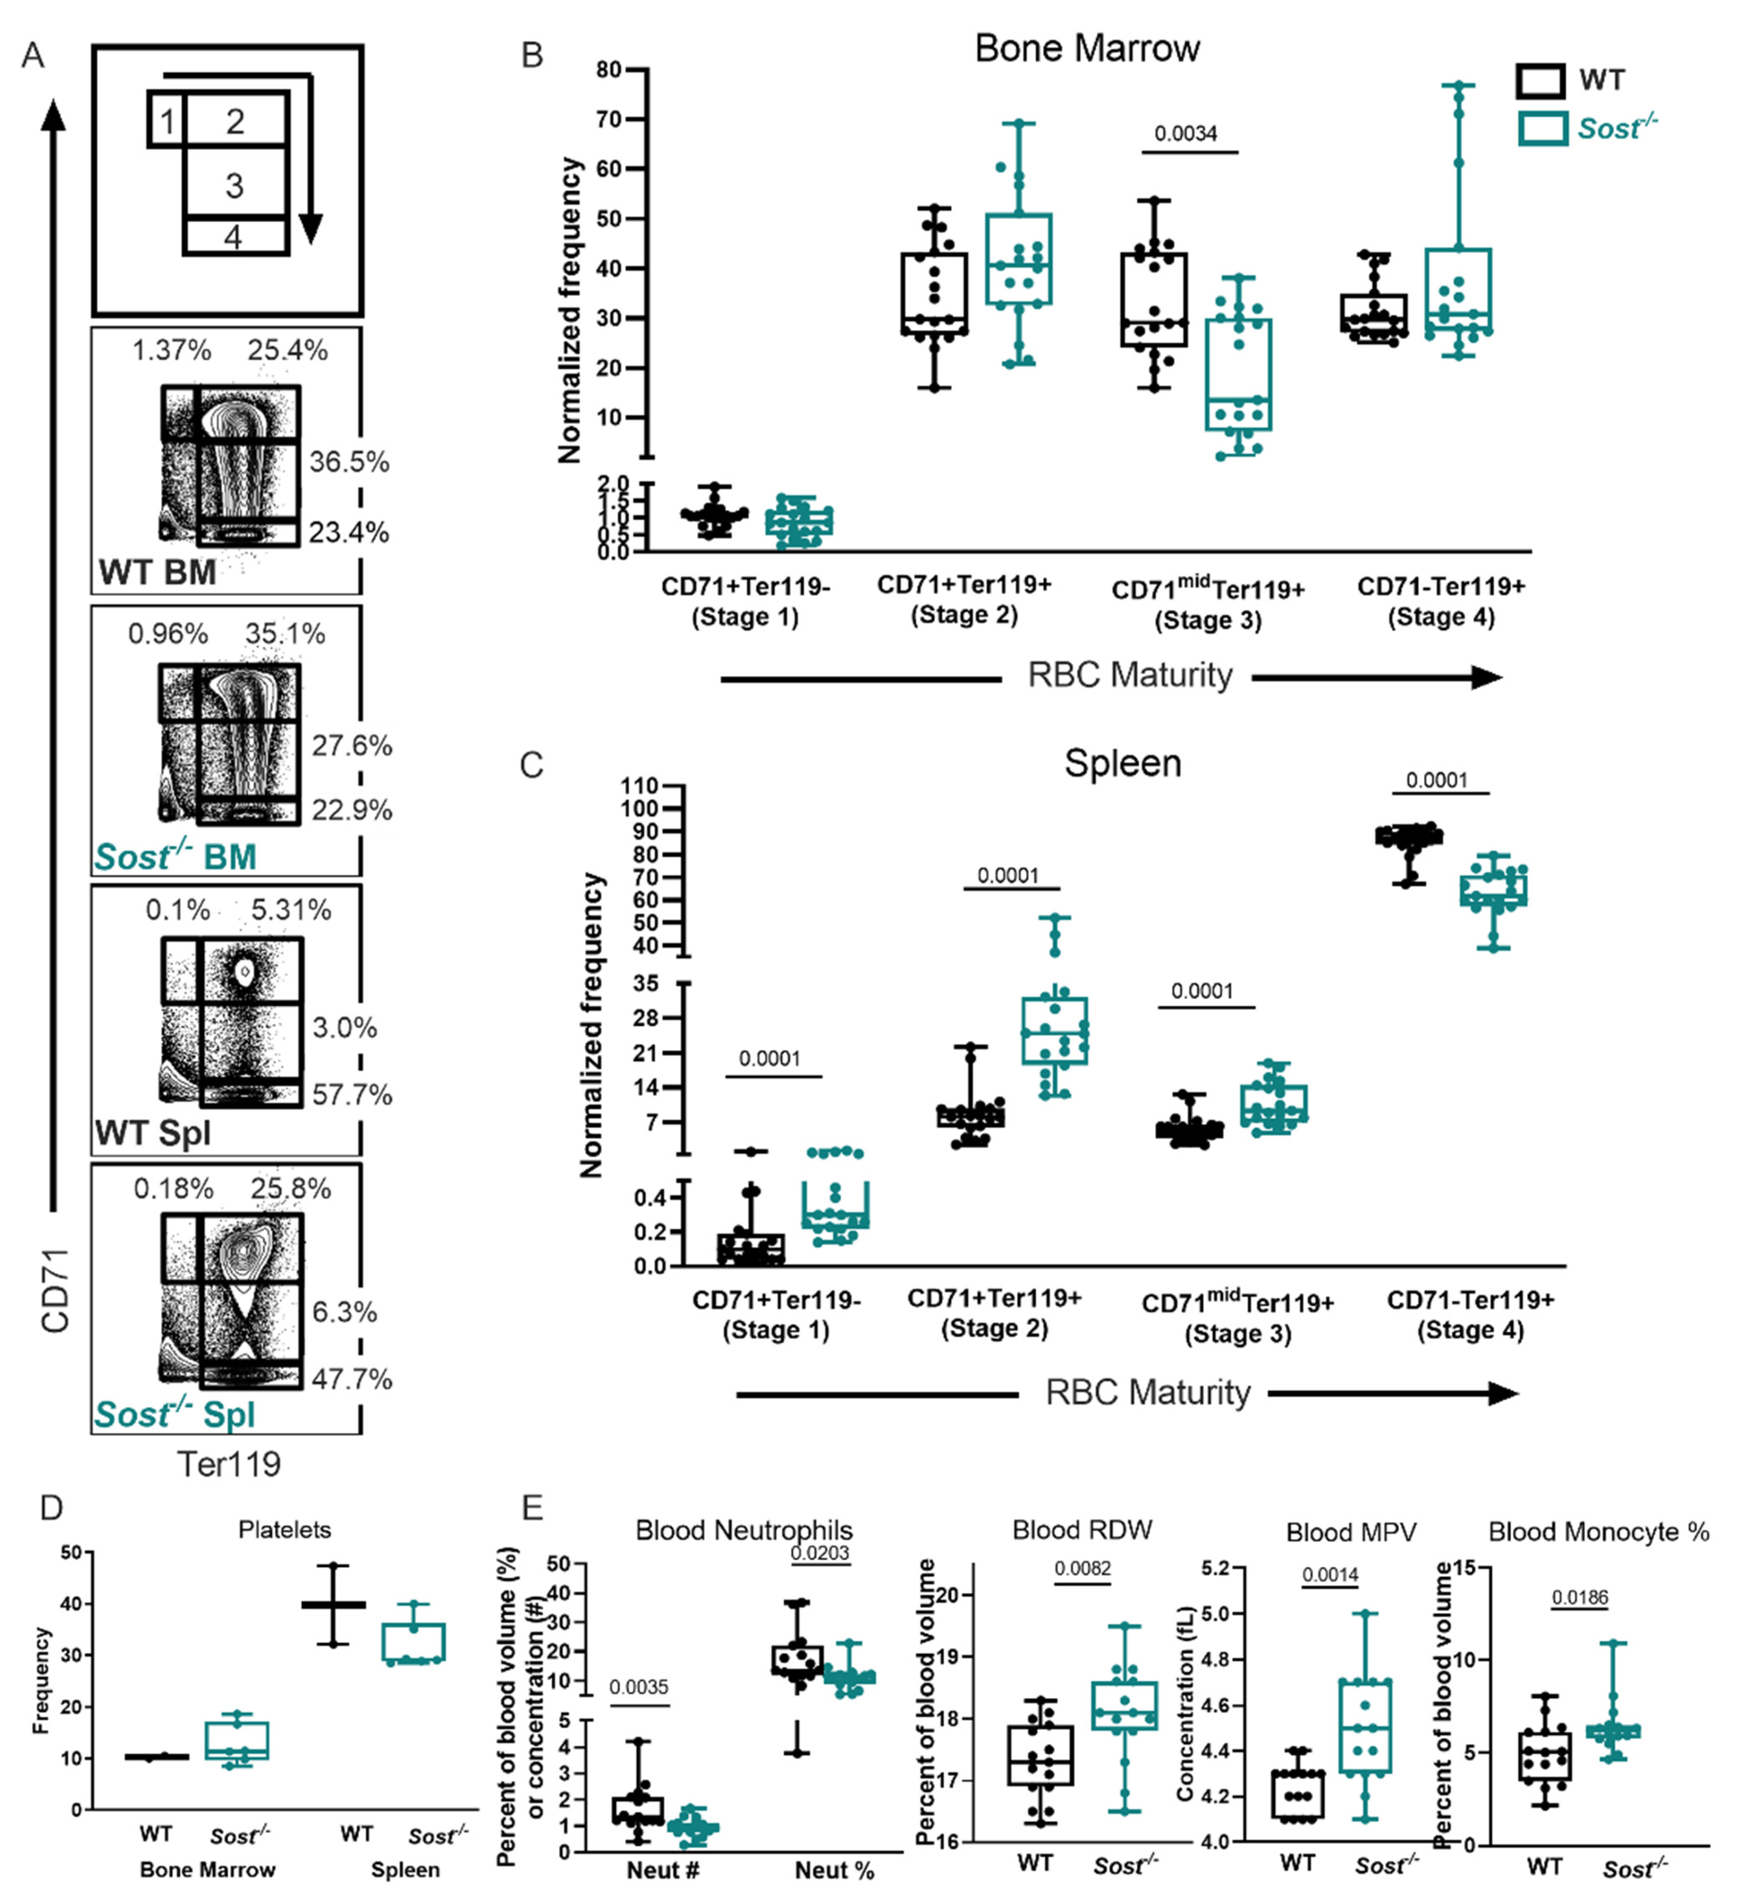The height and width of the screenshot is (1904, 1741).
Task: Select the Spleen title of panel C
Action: pyautogui.click(x=1123, y=763)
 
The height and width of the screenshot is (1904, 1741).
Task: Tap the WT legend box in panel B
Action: pyautogui.click(x=1540, y=80)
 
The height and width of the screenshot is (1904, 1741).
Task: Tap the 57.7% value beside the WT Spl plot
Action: pyautogui.click(x=352, y=1095)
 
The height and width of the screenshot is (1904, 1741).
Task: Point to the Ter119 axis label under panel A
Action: pyautogui.click(x=229, y=1464)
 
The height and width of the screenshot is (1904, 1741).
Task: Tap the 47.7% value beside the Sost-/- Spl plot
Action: pyautogui.click(x=352, y=1379)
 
